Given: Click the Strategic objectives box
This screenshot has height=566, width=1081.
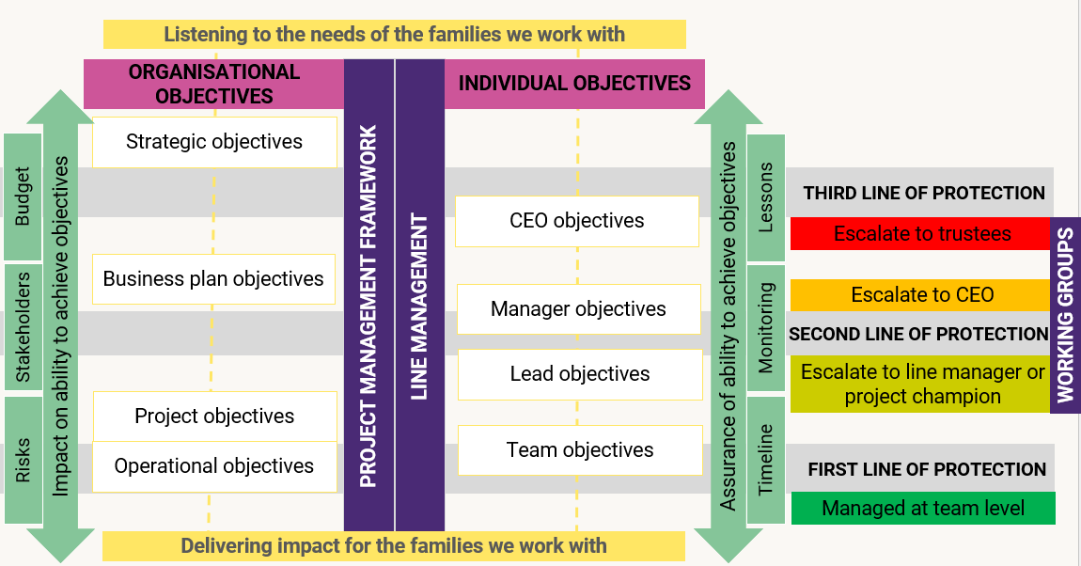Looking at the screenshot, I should [x=214, y=142].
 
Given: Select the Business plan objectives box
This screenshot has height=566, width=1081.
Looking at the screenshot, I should [x=213, y=279].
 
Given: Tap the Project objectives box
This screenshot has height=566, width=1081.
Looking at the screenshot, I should [x=214, y=417].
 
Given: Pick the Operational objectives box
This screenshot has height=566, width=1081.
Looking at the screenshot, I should [x=214, y=466].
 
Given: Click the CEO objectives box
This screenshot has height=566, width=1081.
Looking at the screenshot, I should [x=577, y=221].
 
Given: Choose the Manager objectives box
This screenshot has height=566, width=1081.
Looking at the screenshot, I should [x=578, y=309].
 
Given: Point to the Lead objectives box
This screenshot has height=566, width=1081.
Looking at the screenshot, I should [x=580, y=374].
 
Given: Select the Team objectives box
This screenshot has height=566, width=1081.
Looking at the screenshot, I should [x=580, y=450].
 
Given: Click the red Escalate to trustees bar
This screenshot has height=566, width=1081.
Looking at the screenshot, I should [x=921, y=234].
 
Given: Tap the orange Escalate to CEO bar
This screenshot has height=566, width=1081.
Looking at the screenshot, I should [x=921, y=295].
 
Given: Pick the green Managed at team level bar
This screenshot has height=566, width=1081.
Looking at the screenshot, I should [x=923, y=509].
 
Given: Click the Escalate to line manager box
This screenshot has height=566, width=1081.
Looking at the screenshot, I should [x=921, y=384].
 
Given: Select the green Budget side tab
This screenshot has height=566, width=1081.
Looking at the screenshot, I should [x=23, y=197].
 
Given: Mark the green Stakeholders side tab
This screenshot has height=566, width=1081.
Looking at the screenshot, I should [x=23, y=327].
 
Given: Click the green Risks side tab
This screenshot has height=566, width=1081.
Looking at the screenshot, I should [x=23, y=460].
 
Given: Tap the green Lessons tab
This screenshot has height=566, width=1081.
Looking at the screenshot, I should [x=766, y=197].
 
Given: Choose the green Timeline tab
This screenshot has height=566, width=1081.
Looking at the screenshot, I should [x=766, y=459].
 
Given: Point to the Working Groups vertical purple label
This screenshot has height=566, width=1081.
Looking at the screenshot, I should [x=1065, y=315].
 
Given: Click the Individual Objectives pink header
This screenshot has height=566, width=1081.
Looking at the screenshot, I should [x=574, y=84].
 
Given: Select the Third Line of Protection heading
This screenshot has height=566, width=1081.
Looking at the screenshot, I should [x=923, y=193].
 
